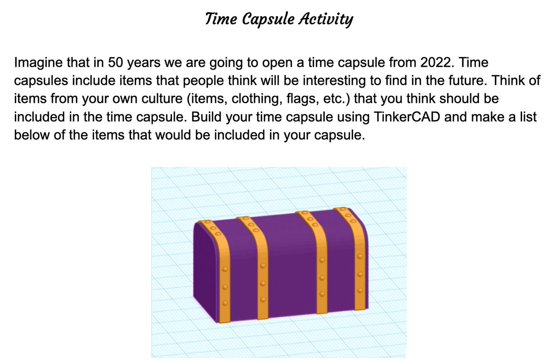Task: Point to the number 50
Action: pos(115,62)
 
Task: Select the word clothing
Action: pos(214,99)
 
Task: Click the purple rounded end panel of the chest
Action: pos(204,269)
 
